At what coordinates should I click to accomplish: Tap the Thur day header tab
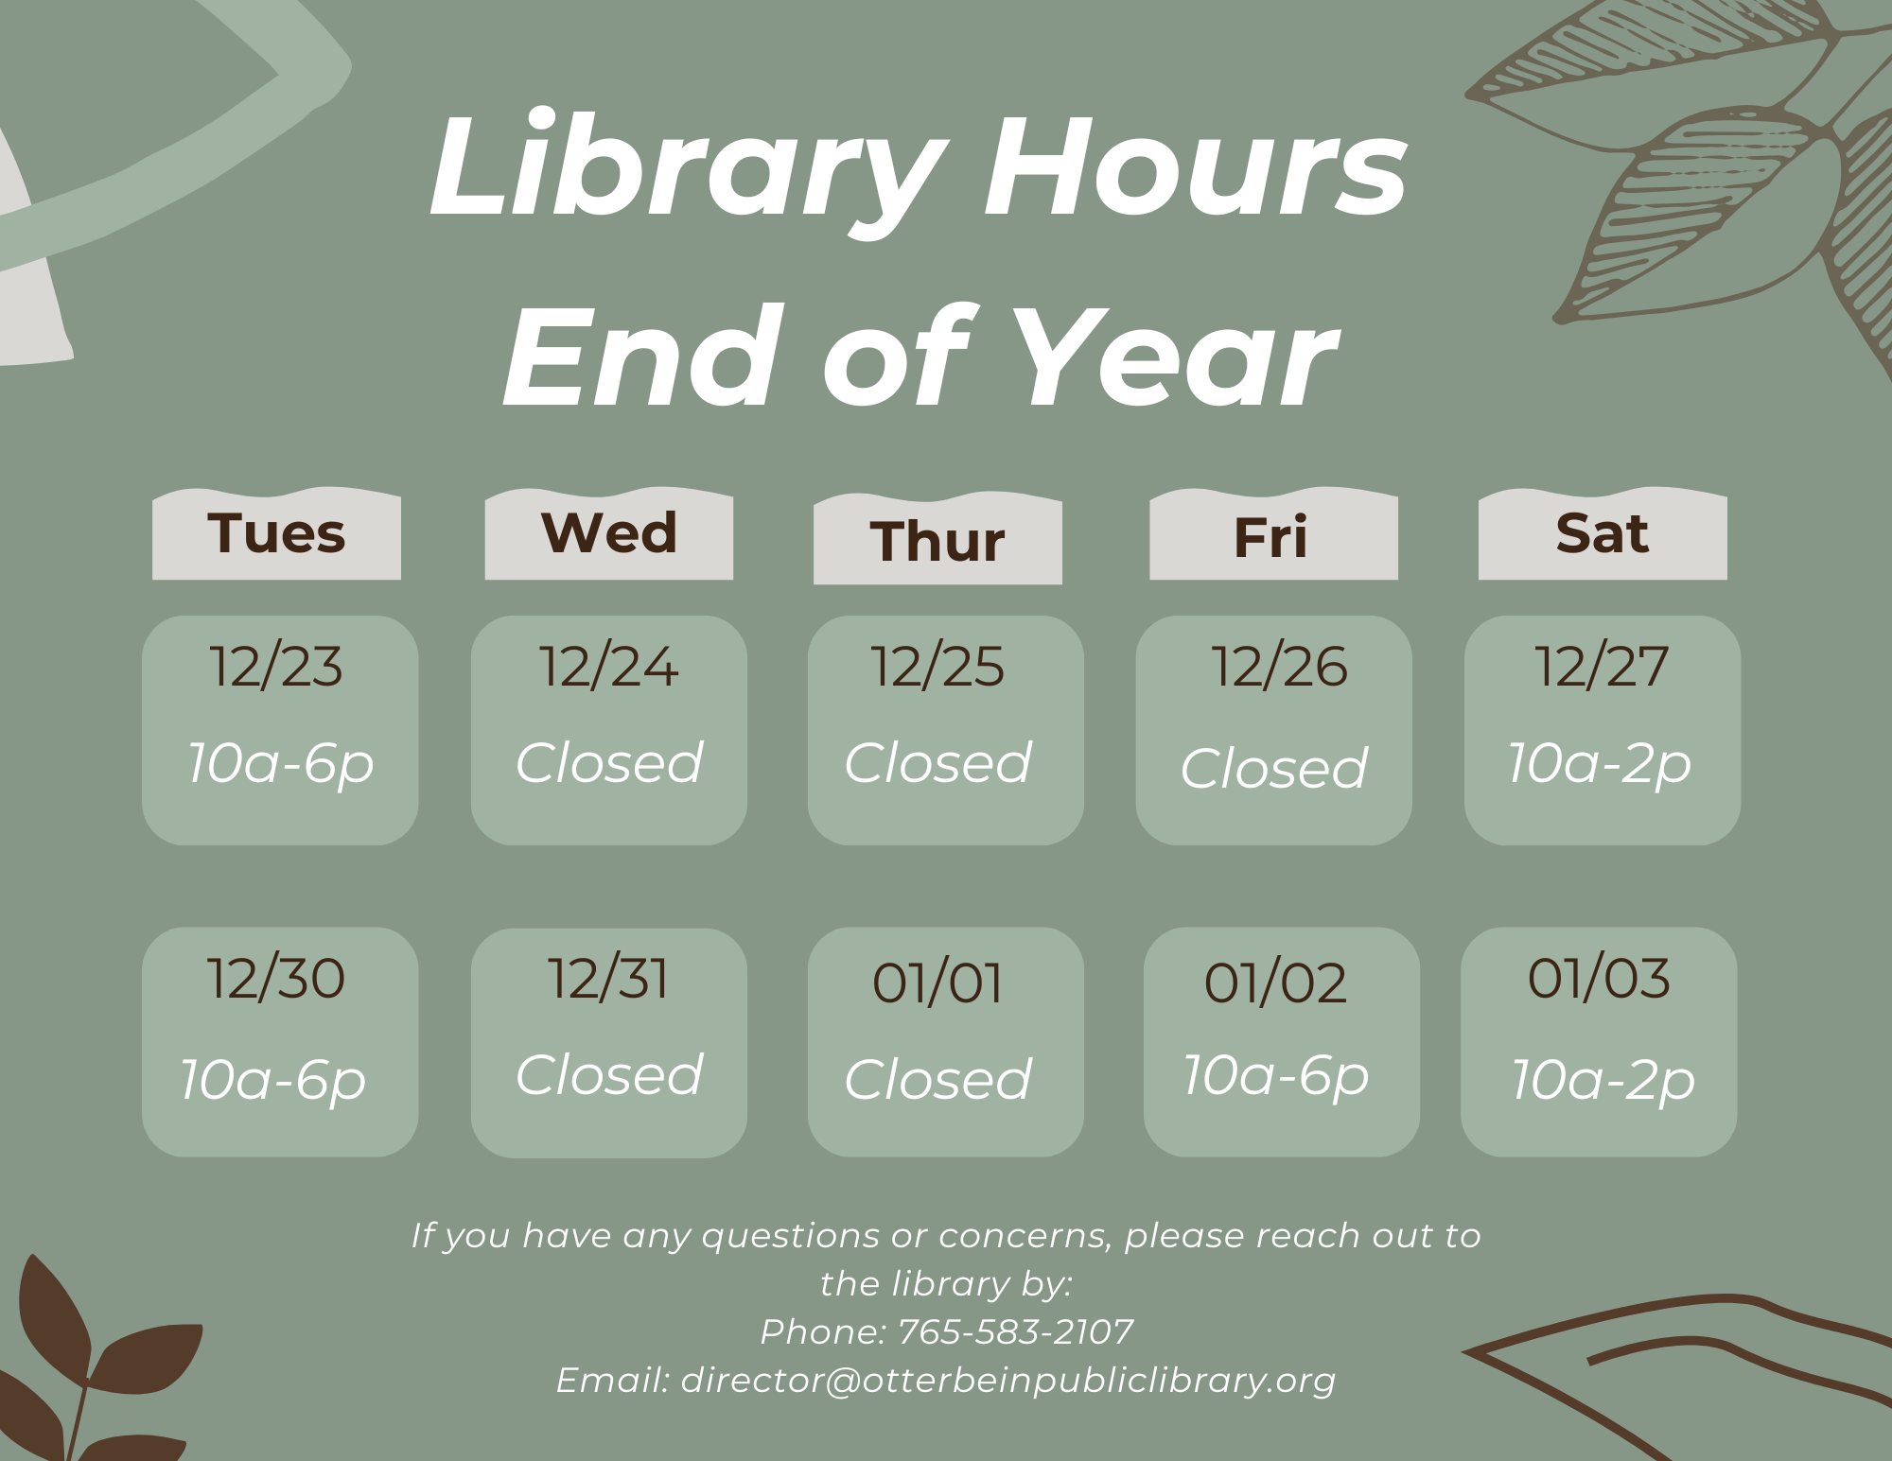pyautogui.click(x=937, y=538)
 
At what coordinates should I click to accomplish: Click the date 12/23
pyautogui.click(x=276, y=667)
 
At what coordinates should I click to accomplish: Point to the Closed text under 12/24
pyautogui.click(x=609, y=762)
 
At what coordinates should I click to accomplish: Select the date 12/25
pyautogui.click(x=937, y=667)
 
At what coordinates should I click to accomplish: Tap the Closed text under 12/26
pyautogui.click(x=1274, y=767)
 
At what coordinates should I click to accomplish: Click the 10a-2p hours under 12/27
pyautogui.click(x=1601, y=764)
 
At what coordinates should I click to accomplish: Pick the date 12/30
pyautogui.click(x=276, y=978)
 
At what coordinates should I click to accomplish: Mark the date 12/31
pyautogui.click(x=608, y=978)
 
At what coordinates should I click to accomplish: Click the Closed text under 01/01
pyautogui.click(x=937, y=1079)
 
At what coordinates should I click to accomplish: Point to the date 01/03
pyautogui.click(x=1599, y=978)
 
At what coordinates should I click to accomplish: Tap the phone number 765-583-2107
pyautogui.click(x=1015, y=1331)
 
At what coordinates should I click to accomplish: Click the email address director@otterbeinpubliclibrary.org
pyautogui.click(x=1008, y=1381)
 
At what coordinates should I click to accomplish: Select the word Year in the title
pyautogui.click(x=1178, y=357)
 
